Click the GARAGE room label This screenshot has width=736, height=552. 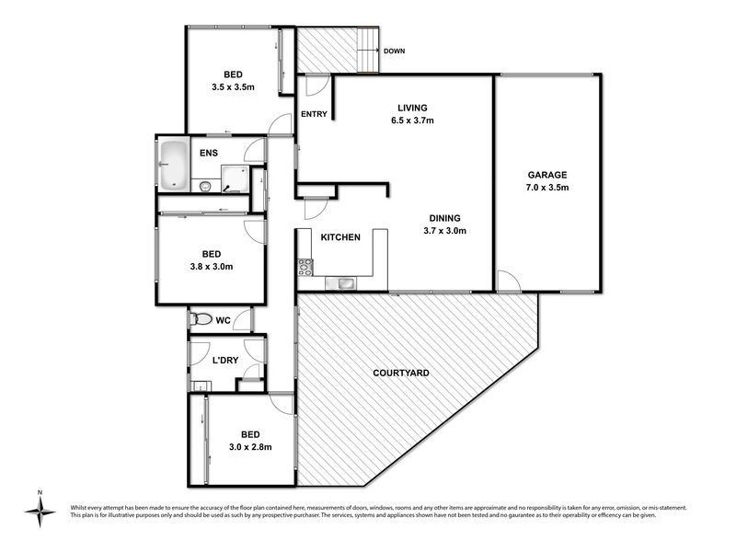coord(546,175)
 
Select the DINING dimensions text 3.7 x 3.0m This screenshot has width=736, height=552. coord(444,231)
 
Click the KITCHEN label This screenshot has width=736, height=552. coord(339,237)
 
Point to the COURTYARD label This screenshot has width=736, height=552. coord(400,374)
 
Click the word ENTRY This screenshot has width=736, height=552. coord(315,114)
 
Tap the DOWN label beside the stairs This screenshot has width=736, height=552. coord(396,52)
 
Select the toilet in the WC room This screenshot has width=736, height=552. coord(200,320)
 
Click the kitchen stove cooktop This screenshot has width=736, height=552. coord(305,268)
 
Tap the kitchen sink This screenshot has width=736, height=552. coord(347,282)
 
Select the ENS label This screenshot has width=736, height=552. coord(208,153)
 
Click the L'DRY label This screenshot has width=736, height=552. coord(225,360)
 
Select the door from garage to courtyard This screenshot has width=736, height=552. coord(505,282)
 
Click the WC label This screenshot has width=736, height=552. coord(222,321)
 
